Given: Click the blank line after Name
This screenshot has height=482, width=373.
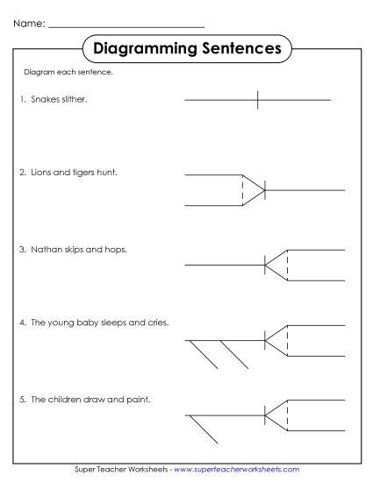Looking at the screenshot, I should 126,26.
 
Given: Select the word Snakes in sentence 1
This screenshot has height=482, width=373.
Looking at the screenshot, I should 43,100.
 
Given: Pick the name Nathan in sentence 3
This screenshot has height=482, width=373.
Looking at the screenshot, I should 45,249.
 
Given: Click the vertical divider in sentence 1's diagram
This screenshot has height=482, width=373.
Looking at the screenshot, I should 257,100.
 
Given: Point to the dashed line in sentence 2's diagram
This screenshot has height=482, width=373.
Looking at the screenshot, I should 242,190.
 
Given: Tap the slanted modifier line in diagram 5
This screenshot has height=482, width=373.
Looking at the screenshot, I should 204,429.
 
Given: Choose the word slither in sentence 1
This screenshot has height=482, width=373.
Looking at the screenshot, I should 73,100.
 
